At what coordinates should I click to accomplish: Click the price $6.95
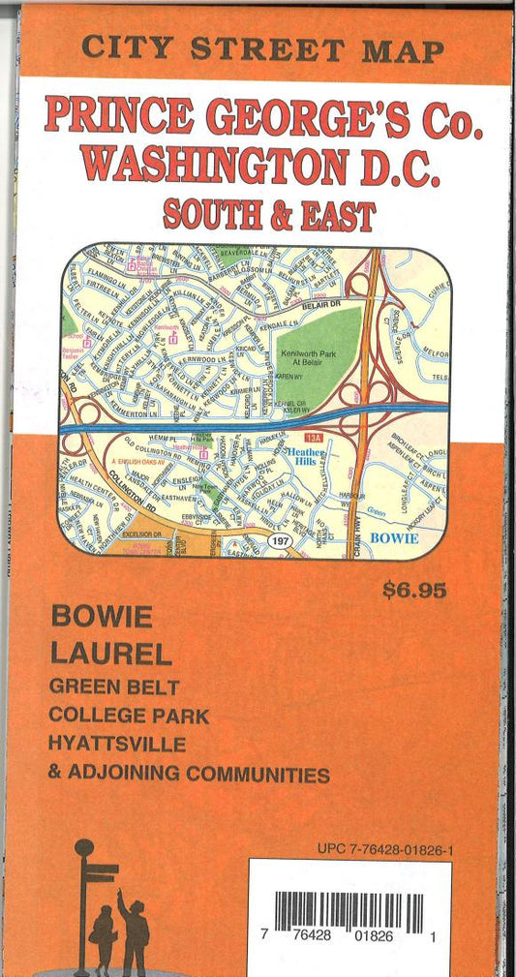point(413,590)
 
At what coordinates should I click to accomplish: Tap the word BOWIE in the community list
point(102,616)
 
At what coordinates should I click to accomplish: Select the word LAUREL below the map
point(111,654)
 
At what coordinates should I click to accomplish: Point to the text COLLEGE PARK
point(130,717)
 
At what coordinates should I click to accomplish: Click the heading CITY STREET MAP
point(263,49)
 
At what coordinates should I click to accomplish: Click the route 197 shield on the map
point(281,540)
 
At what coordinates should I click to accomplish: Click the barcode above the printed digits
point(349,910)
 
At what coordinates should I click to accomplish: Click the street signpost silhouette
point(88,901)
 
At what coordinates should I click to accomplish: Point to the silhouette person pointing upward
point(133,930)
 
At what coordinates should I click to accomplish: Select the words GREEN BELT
point(115,687)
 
